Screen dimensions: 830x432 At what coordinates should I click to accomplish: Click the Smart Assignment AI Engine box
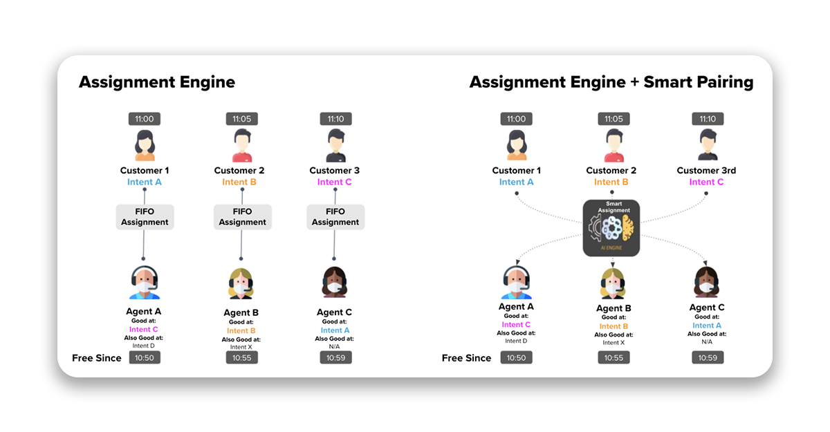tap(611, 227)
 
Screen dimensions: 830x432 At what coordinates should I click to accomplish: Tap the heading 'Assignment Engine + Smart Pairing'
tap(611, 82)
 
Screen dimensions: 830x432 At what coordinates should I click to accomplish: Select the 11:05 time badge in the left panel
tap(241, 119)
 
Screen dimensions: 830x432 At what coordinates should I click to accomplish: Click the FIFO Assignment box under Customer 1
tap(145, 217)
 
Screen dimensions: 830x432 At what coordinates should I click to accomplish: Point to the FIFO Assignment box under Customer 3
tap(335, 217)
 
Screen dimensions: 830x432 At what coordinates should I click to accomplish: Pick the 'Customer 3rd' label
tap(706, 171)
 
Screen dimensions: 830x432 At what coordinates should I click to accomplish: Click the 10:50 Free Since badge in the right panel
tap(516, 358)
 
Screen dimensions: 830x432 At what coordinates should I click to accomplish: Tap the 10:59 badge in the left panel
tap(335, 358)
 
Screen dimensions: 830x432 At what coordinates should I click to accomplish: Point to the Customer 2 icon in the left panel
tap(241, 146)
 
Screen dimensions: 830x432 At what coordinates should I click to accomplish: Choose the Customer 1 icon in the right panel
tap(516, 146)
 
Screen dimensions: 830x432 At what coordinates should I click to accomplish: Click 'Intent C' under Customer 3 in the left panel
tap(335, 182)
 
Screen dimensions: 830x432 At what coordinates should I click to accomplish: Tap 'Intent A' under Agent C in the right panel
tap(707, 326)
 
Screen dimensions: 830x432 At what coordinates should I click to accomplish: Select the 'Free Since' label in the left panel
tap(97, 358)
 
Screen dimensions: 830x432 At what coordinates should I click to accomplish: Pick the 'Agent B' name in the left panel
tap(241, 313)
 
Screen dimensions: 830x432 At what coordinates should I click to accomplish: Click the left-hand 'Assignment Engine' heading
tap(157, 82)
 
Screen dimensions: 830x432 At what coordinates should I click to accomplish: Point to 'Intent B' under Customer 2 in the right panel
tap(611, 182)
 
